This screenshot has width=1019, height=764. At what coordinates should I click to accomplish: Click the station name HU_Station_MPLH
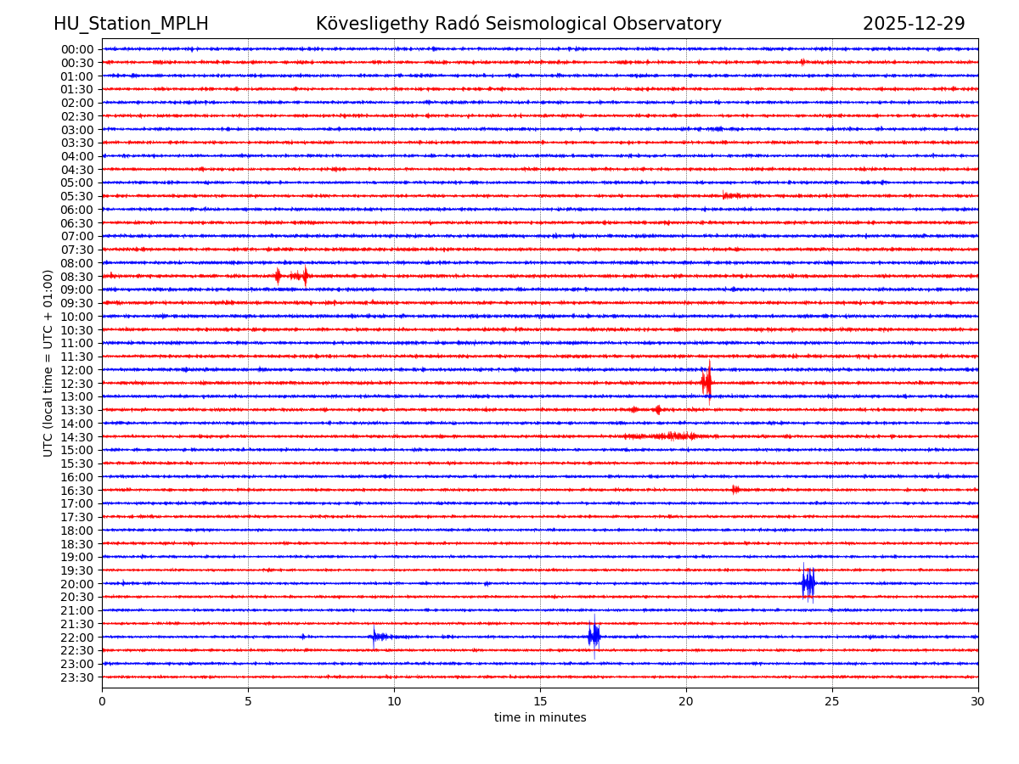(x=131, y=24)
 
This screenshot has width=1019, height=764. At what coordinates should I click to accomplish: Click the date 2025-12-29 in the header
(x=914, y=24)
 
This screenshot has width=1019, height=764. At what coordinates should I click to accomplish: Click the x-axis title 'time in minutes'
(x=540, y=718)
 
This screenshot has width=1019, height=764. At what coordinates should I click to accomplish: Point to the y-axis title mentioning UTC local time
(x=48, y=363)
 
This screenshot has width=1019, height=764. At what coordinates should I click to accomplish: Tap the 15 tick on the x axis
(x=540, y=701)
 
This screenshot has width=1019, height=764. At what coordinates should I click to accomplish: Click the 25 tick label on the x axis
(x=832, y=701)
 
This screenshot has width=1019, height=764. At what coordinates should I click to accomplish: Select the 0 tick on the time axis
(x=102, y=701)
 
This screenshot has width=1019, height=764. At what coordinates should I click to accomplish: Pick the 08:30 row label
(x=76, y=277)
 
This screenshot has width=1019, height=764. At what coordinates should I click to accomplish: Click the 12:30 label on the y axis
(x=76, y=384)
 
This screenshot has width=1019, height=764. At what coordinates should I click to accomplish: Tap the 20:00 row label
(x=76, y=584)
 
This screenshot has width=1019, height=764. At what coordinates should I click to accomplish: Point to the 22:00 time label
(x=76, y=638)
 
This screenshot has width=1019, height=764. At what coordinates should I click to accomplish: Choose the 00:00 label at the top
(x=76, y=49)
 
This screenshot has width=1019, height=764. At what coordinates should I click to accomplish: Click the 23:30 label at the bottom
(x=76, y=677)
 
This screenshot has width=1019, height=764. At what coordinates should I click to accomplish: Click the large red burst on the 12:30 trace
(x=707, y=383)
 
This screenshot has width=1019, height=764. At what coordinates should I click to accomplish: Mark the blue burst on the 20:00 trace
(x=808, y=583)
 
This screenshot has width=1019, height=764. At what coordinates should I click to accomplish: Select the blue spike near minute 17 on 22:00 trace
(x=594, y=636)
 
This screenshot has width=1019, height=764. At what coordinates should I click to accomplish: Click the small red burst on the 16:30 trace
(x=735, y=489)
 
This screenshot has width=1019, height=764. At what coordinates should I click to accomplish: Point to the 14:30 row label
(x=76, y=437)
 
